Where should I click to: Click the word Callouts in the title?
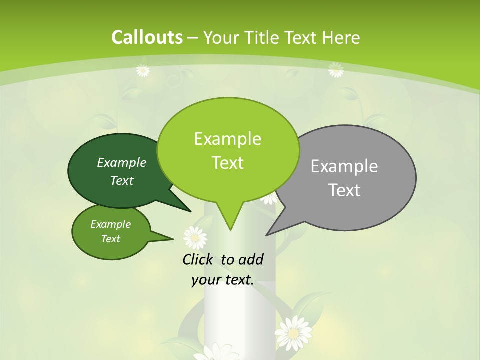click(x=147, y=37)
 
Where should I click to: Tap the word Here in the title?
click(x=341, y=37)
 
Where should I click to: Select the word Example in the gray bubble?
click(x=344, y=166)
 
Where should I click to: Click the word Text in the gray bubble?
click(x=344, y=190)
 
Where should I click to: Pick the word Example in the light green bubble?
click(x=227, y=139)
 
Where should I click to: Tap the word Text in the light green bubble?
click(x=227, y=163)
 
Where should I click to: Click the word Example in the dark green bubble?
click(x=122, y=162)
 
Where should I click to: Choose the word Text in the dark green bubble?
click(x=122, y=180)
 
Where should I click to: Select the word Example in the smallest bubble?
click(x=111, y=224)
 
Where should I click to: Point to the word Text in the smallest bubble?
click(x=111, y=239)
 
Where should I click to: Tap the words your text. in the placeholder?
click(x=223, y=280)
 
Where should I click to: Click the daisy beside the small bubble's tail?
click(x=195, y=237)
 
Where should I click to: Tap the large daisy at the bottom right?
click(x=294, y=332)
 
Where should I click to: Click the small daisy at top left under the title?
click(x=143, y=70)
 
